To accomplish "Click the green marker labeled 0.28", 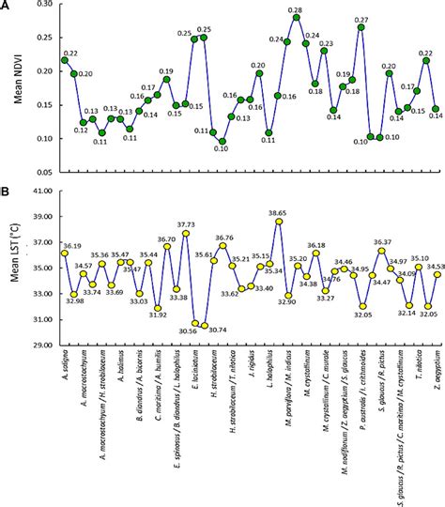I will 297,18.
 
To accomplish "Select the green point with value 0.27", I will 361,27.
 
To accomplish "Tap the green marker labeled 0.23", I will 324,51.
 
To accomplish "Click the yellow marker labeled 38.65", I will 279,222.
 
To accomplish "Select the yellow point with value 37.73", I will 186,233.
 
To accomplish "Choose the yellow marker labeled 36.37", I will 381,251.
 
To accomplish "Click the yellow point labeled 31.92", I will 158,308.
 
